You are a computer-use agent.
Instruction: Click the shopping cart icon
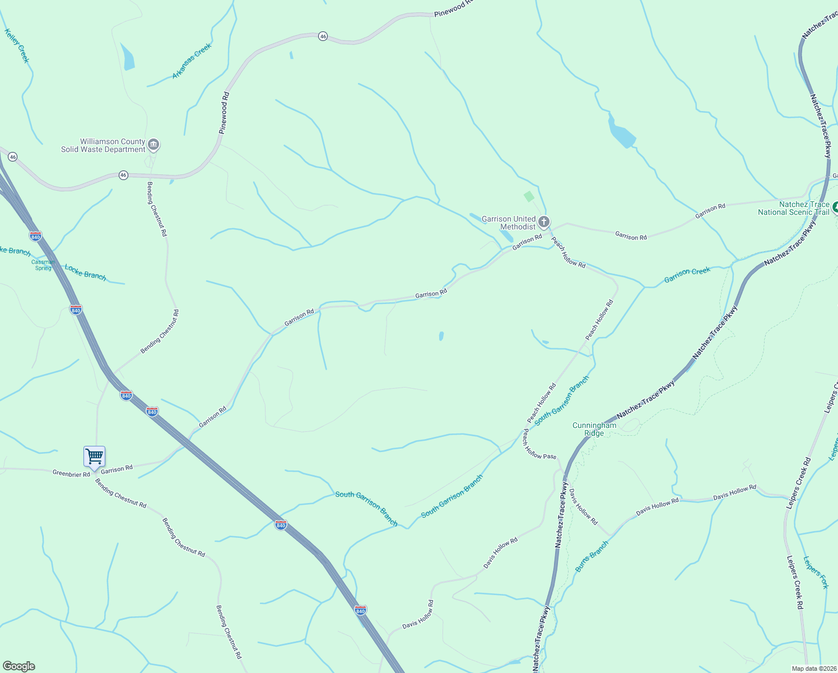[94, 457]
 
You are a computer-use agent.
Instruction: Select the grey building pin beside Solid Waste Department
[153, 145]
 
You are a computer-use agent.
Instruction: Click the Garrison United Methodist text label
[509, 223]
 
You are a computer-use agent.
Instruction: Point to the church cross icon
[543, 223]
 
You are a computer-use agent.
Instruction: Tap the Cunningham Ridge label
[594, 429]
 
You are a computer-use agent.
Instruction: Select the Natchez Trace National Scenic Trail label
[793, 209]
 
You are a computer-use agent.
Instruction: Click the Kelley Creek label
[16, 45]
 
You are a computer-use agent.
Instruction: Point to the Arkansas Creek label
[192, 61]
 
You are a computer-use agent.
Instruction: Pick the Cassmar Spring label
[43, 265]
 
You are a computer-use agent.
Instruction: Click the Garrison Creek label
[687, 275]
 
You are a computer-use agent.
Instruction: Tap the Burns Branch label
[592, 556]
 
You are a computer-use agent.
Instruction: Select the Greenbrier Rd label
[71, 474]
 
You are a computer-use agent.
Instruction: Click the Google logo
[19, 666]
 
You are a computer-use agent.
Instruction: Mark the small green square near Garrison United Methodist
[528, 196]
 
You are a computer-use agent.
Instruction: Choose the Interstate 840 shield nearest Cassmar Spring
[35, 237]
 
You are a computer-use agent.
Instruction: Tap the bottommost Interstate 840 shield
[361, 610]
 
